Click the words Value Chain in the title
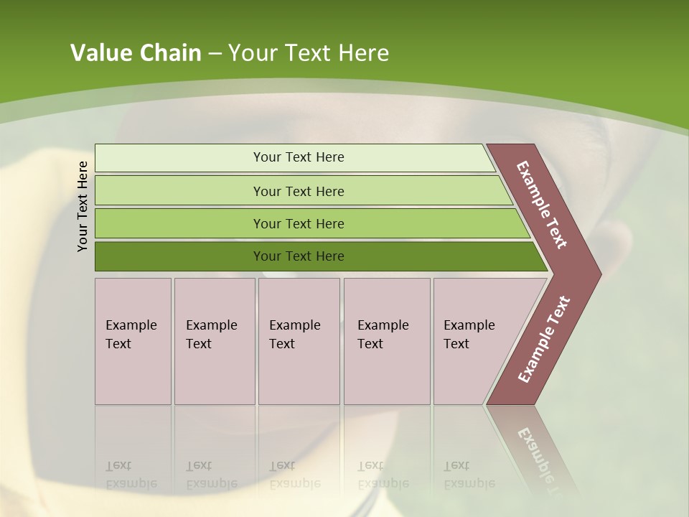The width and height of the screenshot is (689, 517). pyautogui.click(x=136, y=53)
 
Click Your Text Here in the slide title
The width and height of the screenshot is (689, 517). pyautogui.click(x=309, y=53)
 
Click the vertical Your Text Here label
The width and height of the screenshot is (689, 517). pyautogui.click(x=83, y=206)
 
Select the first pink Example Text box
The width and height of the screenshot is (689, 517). pyautogui.click(x=133, y=341)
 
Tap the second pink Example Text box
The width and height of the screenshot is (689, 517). pyautogui.click(x=214, y=341)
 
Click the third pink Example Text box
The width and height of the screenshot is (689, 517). pyautogui.click(x=299, y=341)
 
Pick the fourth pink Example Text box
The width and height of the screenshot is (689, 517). pyautogui.click(x=386, y=341)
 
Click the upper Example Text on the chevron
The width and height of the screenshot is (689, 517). pyautogui.click(x=542, y=205)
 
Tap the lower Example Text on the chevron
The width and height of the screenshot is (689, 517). pyautogui.click(x=544, y=340)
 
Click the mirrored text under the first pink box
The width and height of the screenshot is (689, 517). pyautogui.click(x=131, y=475)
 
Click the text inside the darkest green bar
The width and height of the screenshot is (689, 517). pyautogui.click(x=299, y=256)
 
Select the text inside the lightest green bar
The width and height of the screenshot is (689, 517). pyautogui.click(x=299, y=157)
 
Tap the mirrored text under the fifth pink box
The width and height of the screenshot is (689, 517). pyautogui.click(x=469, y=475)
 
